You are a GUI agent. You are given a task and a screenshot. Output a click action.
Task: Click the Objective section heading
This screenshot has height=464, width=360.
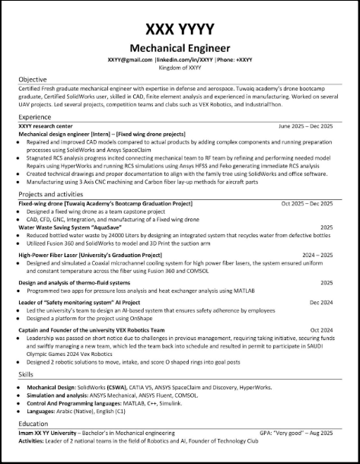pos(33,79)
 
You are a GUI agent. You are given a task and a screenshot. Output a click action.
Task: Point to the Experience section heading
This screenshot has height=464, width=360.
pos(35,118)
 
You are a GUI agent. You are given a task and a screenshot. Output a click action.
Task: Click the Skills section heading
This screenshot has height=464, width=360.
pos(27,375)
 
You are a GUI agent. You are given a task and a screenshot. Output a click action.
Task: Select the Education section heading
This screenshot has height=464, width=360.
pos(34,423)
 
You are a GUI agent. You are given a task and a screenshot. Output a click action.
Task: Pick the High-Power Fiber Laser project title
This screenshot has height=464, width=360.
pos(90,255)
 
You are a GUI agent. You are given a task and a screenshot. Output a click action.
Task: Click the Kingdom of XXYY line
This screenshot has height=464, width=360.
pos(180,67)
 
